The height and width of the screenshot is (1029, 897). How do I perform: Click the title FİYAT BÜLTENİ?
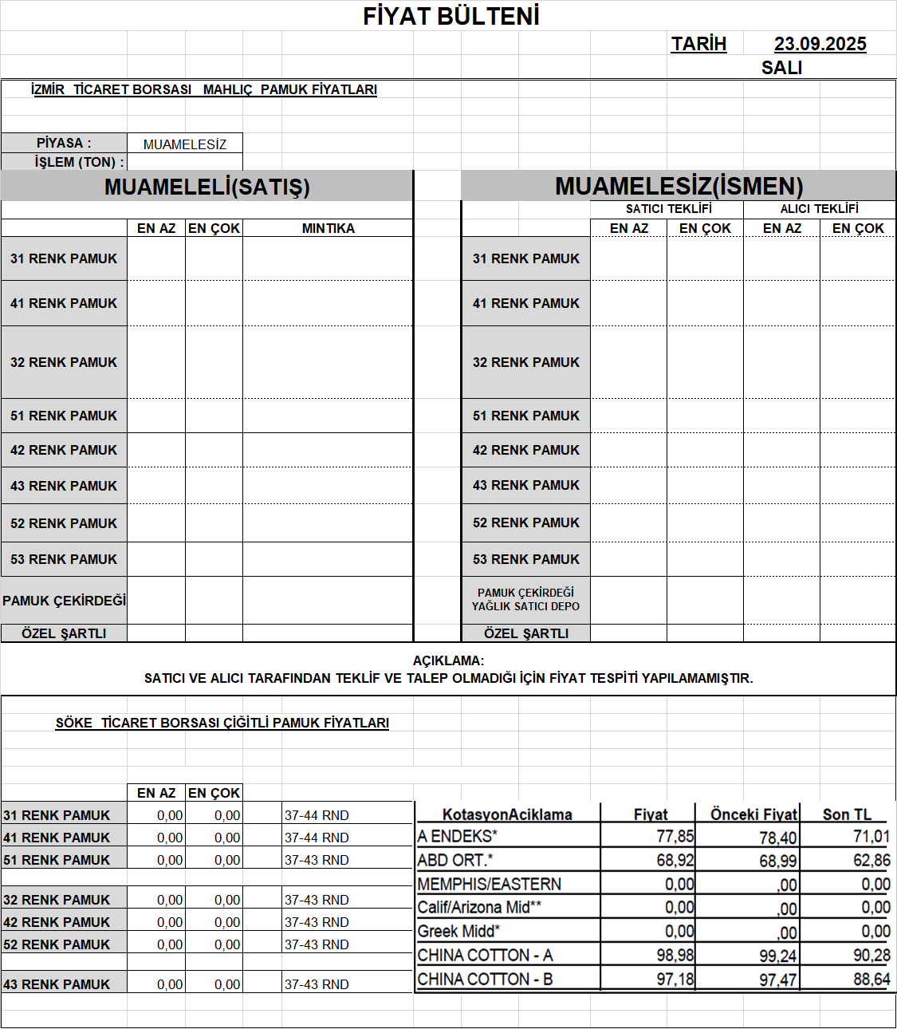point(451,16)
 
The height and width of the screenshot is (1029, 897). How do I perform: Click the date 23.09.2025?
point(820,44)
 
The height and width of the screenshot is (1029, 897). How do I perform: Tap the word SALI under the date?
point(781,68)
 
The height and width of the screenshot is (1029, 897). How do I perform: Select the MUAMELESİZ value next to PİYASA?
point(185,144)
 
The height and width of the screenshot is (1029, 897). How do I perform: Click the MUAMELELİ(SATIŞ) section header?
point(207,187)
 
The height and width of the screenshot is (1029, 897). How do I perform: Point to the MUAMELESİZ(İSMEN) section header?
point(679,186)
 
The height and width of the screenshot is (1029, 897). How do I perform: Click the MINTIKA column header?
point(328,228)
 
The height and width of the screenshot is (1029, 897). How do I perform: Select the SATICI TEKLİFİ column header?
point(668,209)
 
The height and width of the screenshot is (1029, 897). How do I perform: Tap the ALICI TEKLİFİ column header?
point(819,209)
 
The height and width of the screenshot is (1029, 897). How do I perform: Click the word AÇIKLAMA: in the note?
point(448,660)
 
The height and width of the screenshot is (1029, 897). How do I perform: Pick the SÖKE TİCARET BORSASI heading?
point(222,723)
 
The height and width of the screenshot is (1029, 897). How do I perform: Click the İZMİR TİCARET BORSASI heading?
point(203,89)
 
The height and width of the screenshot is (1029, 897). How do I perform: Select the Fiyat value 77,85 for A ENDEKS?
point(675,836)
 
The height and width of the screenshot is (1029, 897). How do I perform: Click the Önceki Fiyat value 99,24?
point(777,956)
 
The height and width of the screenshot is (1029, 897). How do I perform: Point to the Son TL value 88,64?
point(871,979)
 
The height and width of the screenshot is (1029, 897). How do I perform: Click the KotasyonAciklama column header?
point(507,814)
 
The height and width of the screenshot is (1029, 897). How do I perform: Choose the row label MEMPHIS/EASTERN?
point(489,884)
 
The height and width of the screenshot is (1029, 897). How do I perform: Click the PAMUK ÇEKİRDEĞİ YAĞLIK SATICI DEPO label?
point(525,599)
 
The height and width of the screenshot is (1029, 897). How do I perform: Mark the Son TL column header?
point(847,814)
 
